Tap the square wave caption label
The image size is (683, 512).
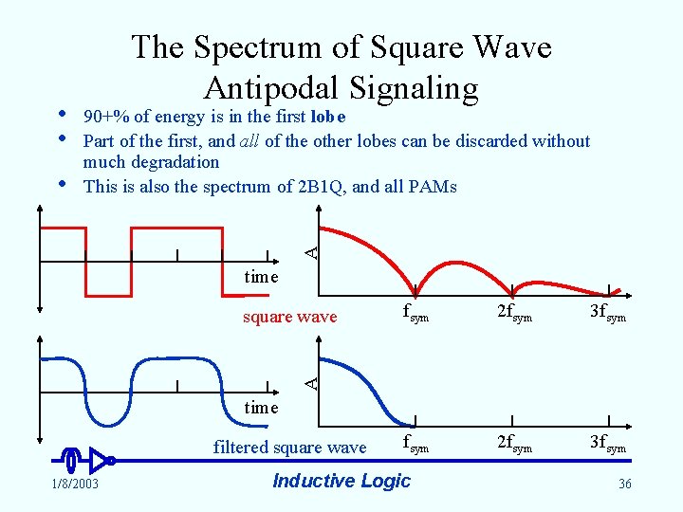click(289, 317)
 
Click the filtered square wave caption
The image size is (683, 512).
click(289, 448)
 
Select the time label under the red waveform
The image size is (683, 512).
click(261, 277)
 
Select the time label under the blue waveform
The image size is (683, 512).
click(261, 408)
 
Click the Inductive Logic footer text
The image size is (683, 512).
click(341, 481)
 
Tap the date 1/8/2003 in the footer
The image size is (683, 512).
click(73, 485)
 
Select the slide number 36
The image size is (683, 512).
click(624, 485)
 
